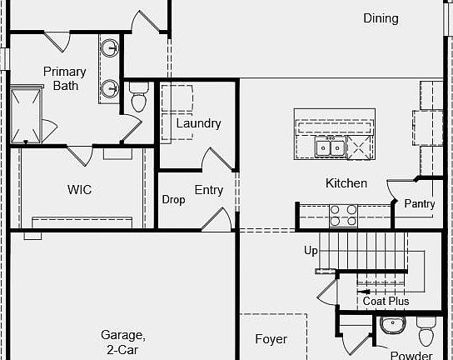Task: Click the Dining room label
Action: pos(381,18)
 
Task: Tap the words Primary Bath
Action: pos(65,78)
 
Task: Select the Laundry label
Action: pos(199,123)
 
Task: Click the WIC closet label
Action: pos(79,190)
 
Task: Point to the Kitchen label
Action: pos(346,183)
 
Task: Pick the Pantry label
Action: pos(420,204)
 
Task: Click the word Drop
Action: pos(174,199)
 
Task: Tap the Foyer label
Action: pos(271,339)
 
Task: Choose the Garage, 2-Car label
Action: pos(123,342)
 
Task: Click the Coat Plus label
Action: pos(386,301)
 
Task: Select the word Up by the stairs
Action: pos(311,250)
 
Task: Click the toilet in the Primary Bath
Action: pos(139,97)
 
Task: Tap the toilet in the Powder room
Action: pos(426,331)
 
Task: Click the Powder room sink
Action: pos(393,325)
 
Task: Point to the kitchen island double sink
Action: pos(331,147)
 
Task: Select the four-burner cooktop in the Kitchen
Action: pos(343,215)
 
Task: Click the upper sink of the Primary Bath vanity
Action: pos(110,47)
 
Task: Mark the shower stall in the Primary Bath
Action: pos(26,115)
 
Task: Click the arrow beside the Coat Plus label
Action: pos(363,292)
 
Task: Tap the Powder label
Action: pos(411,355)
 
